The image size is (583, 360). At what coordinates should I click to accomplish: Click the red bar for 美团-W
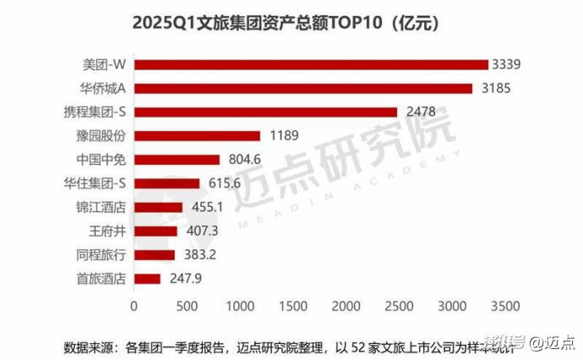(x=311, y=65)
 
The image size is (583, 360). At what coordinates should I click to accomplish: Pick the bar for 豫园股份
(x=197, y=135)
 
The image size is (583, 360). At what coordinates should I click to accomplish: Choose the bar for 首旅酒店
(x=147, y=278)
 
